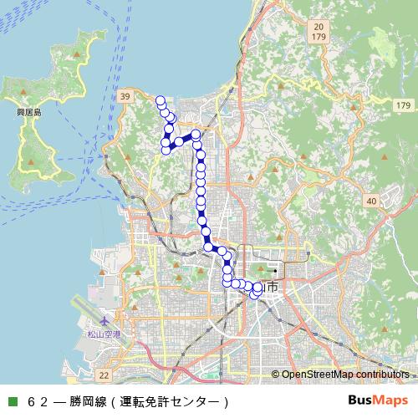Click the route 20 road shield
pos(319,27)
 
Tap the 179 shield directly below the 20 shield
pos(319,38)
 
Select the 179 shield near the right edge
pos(403,105)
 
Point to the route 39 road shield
pos(125,99)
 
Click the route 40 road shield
pos(370,201)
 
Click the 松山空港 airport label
pos(104,334)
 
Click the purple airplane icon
pos(104,322)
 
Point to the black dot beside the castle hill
pos(274,271)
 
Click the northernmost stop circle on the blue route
pos(160,100)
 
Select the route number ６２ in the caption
pos(38,401)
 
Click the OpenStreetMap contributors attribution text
pos(345,375)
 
